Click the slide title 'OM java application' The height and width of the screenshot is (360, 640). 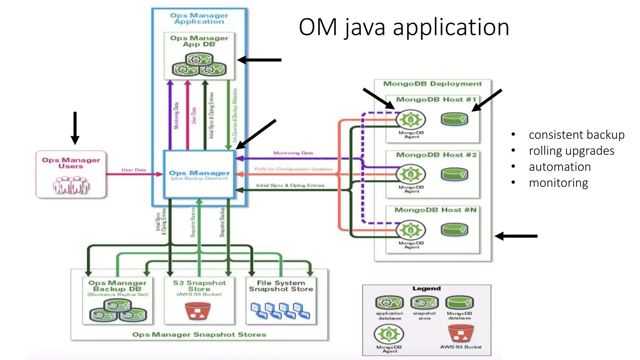tap(404, 27)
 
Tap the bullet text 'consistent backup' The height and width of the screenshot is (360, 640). tap(576, 135)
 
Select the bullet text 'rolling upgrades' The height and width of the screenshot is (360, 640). tap(571, 151)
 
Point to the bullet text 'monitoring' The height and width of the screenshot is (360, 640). tap(558, 183)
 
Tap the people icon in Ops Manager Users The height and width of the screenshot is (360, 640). tap(71, 185)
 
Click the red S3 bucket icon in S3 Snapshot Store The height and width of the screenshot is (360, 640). tap(197, 311)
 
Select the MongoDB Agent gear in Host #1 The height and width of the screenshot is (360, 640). tap(411, 119)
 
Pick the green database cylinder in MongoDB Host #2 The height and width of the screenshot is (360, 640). tap(454, 174)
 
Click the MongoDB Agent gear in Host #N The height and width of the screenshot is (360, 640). tap(411, 230)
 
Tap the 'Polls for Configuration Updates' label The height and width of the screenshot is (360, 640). tap(293, 169)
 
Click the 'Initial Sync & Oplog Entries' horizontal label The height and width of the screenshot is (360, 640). tap(290, 185)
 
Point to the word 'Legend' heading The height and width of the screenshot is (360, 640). tap(426, 288)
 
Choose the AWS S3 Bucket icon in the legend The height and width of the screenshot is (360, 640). tap(461, 333)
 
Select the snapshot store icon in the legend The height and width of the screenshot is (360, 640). tap(424, 302)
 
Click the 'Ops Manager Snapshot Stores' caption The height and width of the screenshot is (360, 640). tap(199, 335)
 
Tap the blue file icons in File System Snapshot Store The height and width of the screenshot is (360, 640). tap(280, 311)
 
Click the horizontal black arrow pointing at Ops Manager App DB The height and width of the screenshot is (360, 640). tap(259, 60)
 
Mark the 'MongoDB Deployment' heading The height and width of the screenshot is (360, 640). tap(432, 84)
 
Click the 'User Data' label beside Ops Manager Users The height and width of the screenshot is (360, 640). tap(134, 170)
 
